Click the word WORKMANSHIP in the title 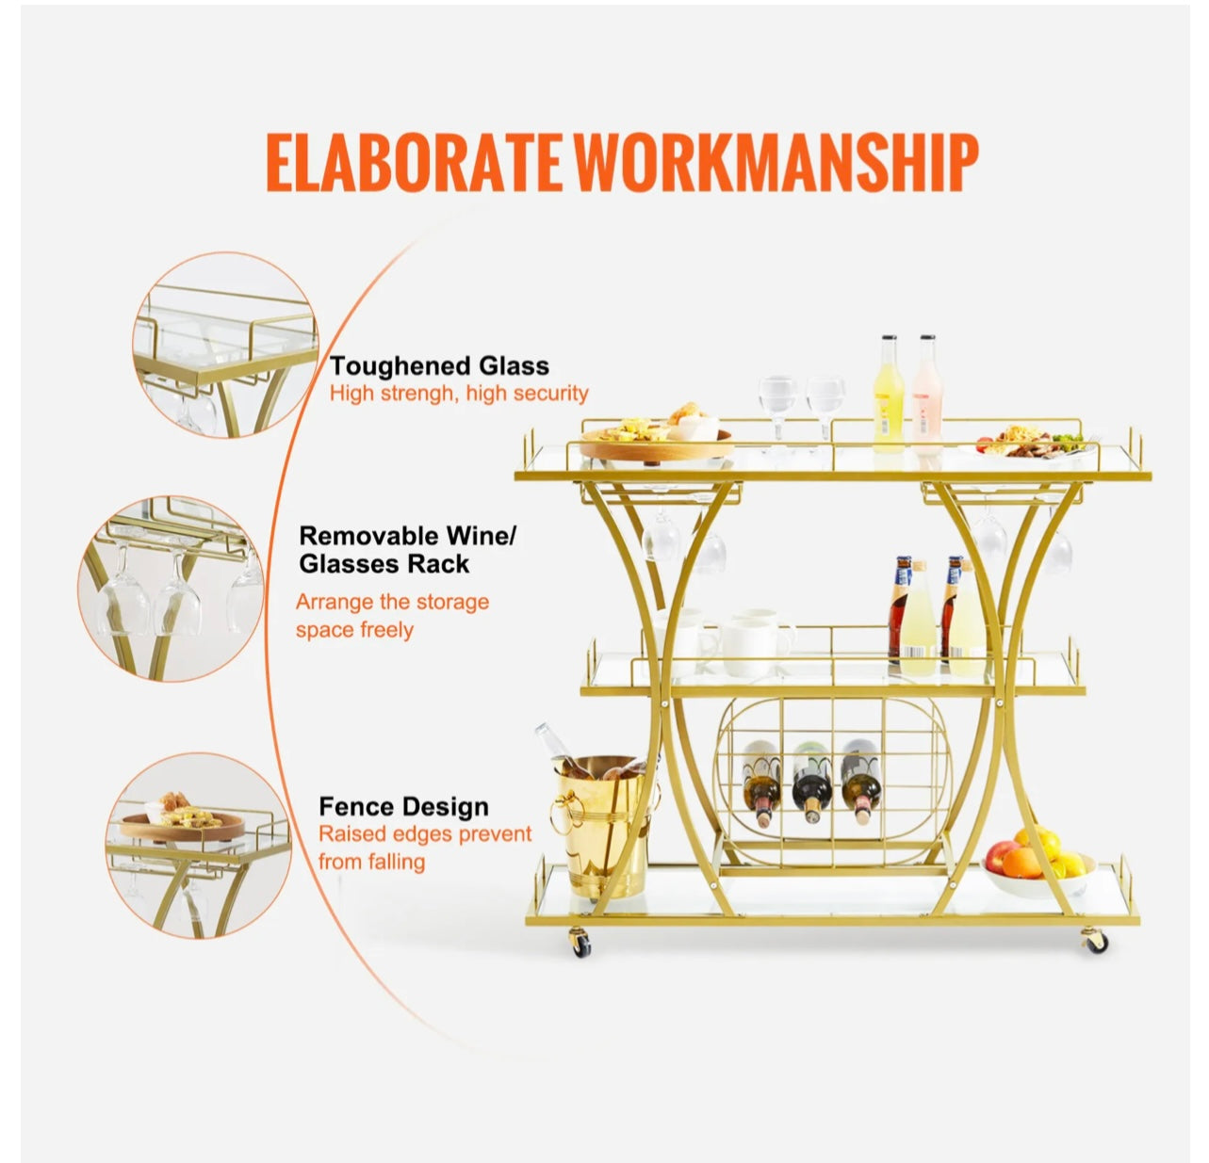point(776,161)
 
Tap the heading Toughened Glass point(439,365)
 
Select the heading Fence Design point(403,806)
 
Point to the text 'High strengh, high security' point(459,393)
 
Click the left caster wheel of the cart point(580,945)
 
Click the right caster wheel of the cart point(1093,940)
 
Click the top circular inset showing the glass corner point(224,346)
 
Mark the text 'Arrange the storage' point(392,601)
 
